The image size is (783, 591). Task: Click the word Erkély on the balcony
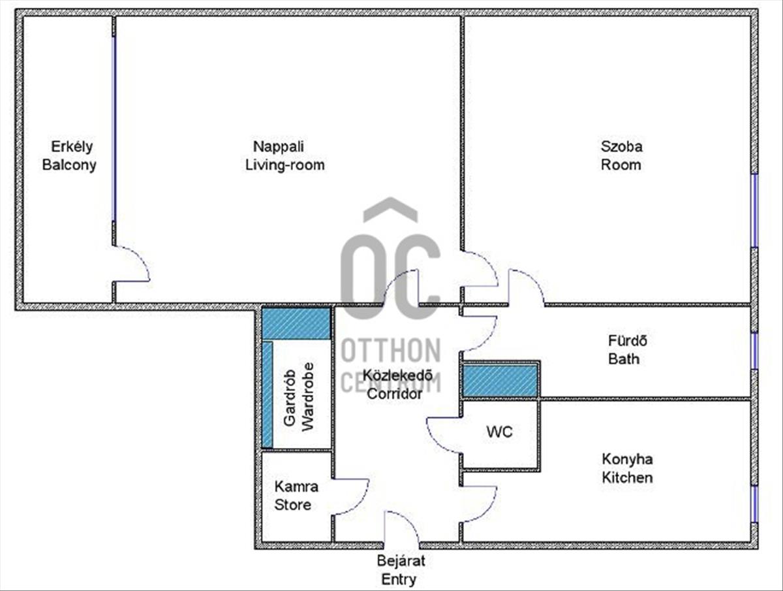72,147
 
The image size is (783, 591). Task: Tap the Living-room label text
285,165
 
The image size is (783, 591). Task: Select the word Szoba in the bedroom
621,146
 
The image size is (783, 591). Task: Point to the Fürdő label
628,340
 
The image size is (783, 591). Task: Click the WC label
499,432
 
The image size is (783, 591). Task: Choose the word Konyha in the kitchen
628,459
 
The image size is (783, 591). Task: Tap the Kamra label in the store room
296,487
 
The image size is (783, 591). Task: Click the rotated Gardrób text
290,398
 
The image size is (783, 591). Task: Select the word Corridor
395,394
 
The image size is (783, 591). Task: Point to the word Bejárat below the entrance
401,561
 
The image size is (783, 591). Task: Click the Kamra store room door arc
360,504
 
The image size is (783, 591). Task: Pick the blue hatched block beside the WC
500,381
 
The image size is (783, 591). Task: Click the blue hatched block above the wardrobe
296,324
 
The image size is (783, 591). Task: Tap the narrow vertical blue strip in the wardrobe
268,394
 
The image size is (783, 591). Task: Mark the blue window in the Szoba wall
754,210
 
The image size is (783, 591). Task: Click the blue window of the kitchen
754,504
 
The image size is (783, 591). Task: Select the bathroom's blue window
754,351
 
